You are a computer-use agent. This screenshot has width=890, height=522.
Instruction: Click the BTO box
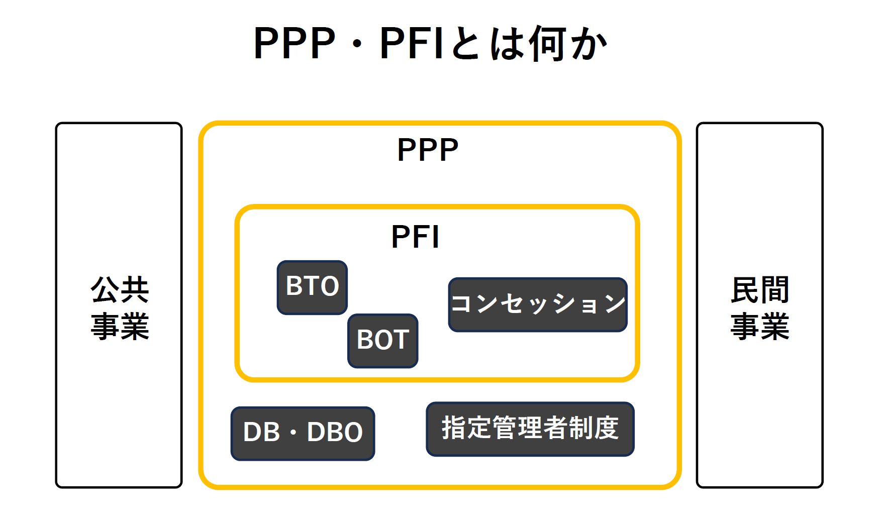coord(312,287)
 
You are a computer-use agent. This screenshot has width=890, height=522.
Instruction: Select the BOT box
coord(382,341)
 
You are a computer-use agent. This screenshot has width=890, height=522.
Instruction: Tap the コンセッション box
coord(538,304)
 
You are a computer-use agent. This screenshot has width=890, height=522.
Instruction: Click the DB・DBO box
coord(303,433)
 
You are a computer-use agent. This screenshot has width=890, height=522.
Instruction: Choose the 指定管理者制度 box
coord(530,429)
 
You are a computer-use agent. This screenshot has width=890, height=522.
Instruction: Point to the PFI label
coord(415,237)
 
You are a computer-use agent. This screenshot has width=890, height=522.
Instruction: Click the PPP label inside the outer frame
coord(428,150)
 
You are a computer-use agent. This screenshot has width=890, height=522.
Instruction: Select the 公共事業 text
coord(120,307)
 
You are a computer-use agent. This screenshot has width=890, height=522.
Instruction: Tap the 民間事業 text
coord(759,307)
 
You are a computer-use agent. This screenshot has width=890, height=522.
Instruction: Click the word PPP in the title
coord(294,44)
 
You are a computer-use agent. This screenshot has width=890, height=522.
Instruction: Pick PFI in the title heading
coord(412,44)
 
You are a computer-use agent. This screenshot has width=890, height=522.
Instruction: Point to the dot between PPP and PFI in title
coord(357,44)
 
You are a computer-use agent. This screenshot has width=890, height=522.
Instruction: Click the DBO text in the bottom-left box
coord(335,433)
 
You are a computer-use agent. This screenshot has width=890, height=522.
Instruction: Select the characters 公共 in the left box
coord(120,289)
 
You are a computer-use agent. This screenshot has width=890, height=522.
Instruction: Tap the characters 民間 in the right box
coord(759,290)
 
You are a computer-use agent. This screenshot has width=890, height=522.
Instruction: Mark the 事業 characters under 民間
coord(759,326)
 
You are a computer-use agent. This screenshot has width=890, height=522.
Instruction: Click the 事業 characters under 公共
coord(120,326)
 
